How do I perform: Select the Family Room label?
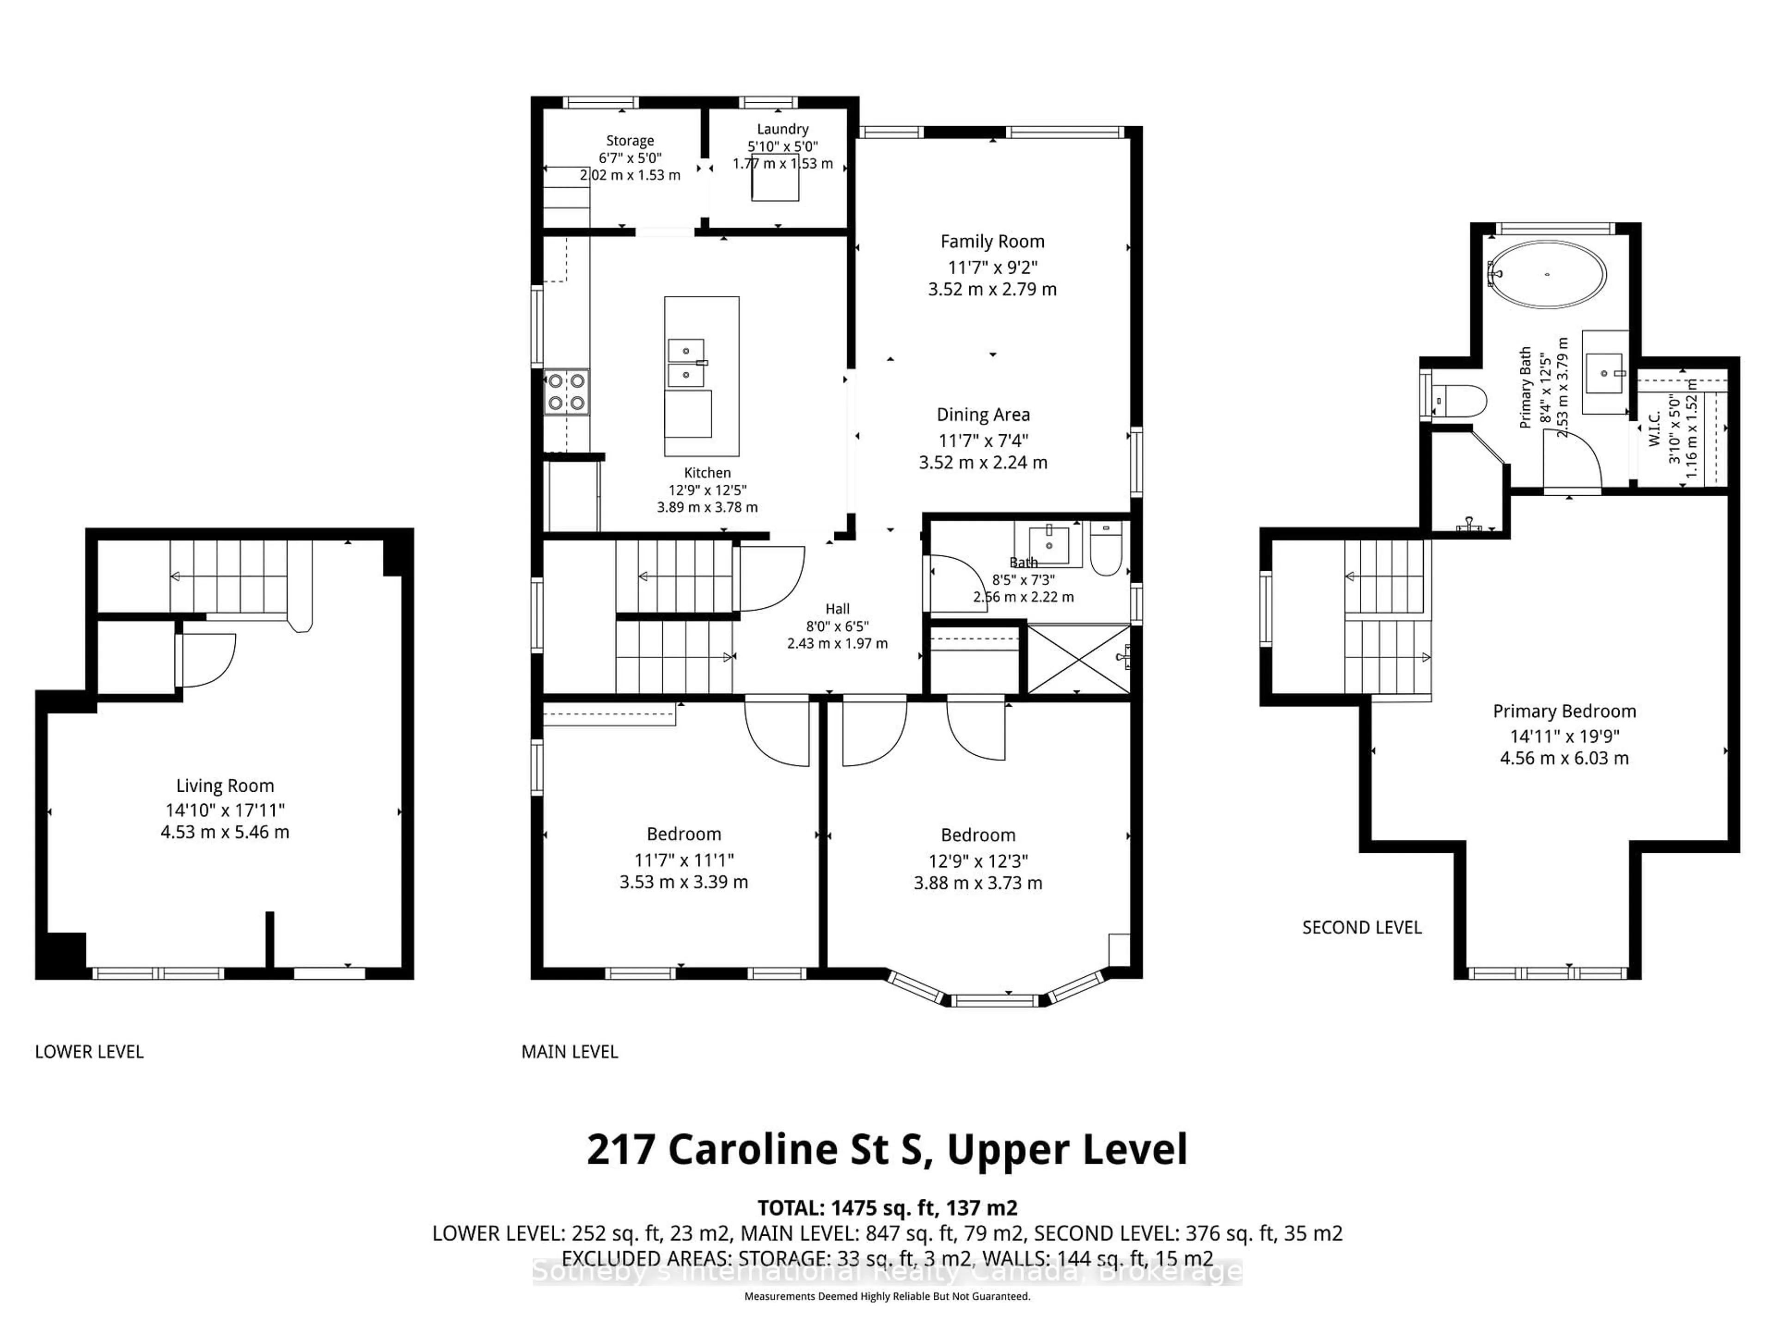tap(992, 242)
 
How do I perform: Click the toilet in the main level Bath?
tap(1107, 551)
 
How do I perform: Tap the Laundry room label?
tap(783, 129)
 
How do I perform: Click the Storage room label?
tap(630, 141)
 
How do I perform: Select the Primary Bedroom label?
tap(1564, 711)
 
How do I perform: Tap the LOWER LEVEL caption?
tap(89, 1052)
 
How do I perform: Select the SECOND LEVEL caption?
tap(1362, 927)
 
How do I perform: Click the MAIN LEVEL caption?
tap(570, 1052)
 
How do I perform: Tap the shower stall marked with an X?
tap(1077, 659)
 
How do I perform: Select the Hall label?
tap(837, 610)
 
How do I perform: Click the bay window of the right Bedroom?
tap(995, 999)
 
